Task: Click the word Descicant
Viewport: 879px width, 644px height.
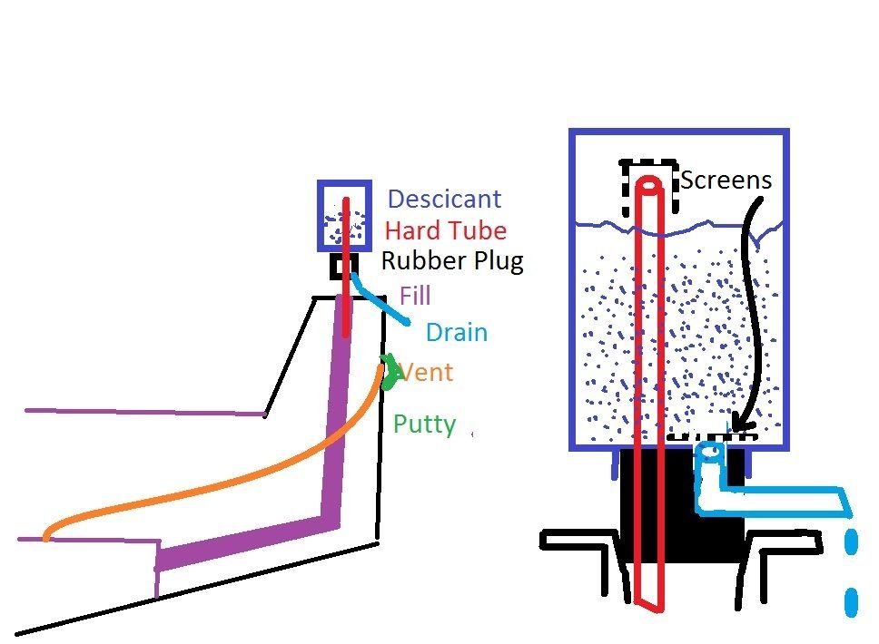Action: pos(444,200)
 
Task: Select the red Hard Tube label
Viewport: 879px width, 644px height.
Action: pos(446,230)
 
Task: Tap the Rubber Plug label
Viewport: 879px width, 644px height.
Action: pos(452,261)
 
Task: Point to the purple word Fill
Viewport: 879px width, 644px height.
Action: pos(415,296)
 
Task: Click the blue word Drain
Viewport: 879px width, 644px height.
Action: pos(457,332)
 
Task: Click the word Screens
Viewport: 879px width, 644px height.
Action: pos(726,181)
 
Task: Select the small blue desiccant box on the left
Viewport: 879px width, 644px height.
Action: pos(344,216)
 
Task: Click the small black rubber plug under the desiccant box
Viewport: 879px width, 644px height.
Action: pos(339,267)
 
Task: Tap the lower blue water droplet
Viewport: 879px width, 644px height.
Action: pos(851,601)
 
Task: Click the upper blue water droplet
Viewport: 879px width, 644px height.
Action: pos(851,543)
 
